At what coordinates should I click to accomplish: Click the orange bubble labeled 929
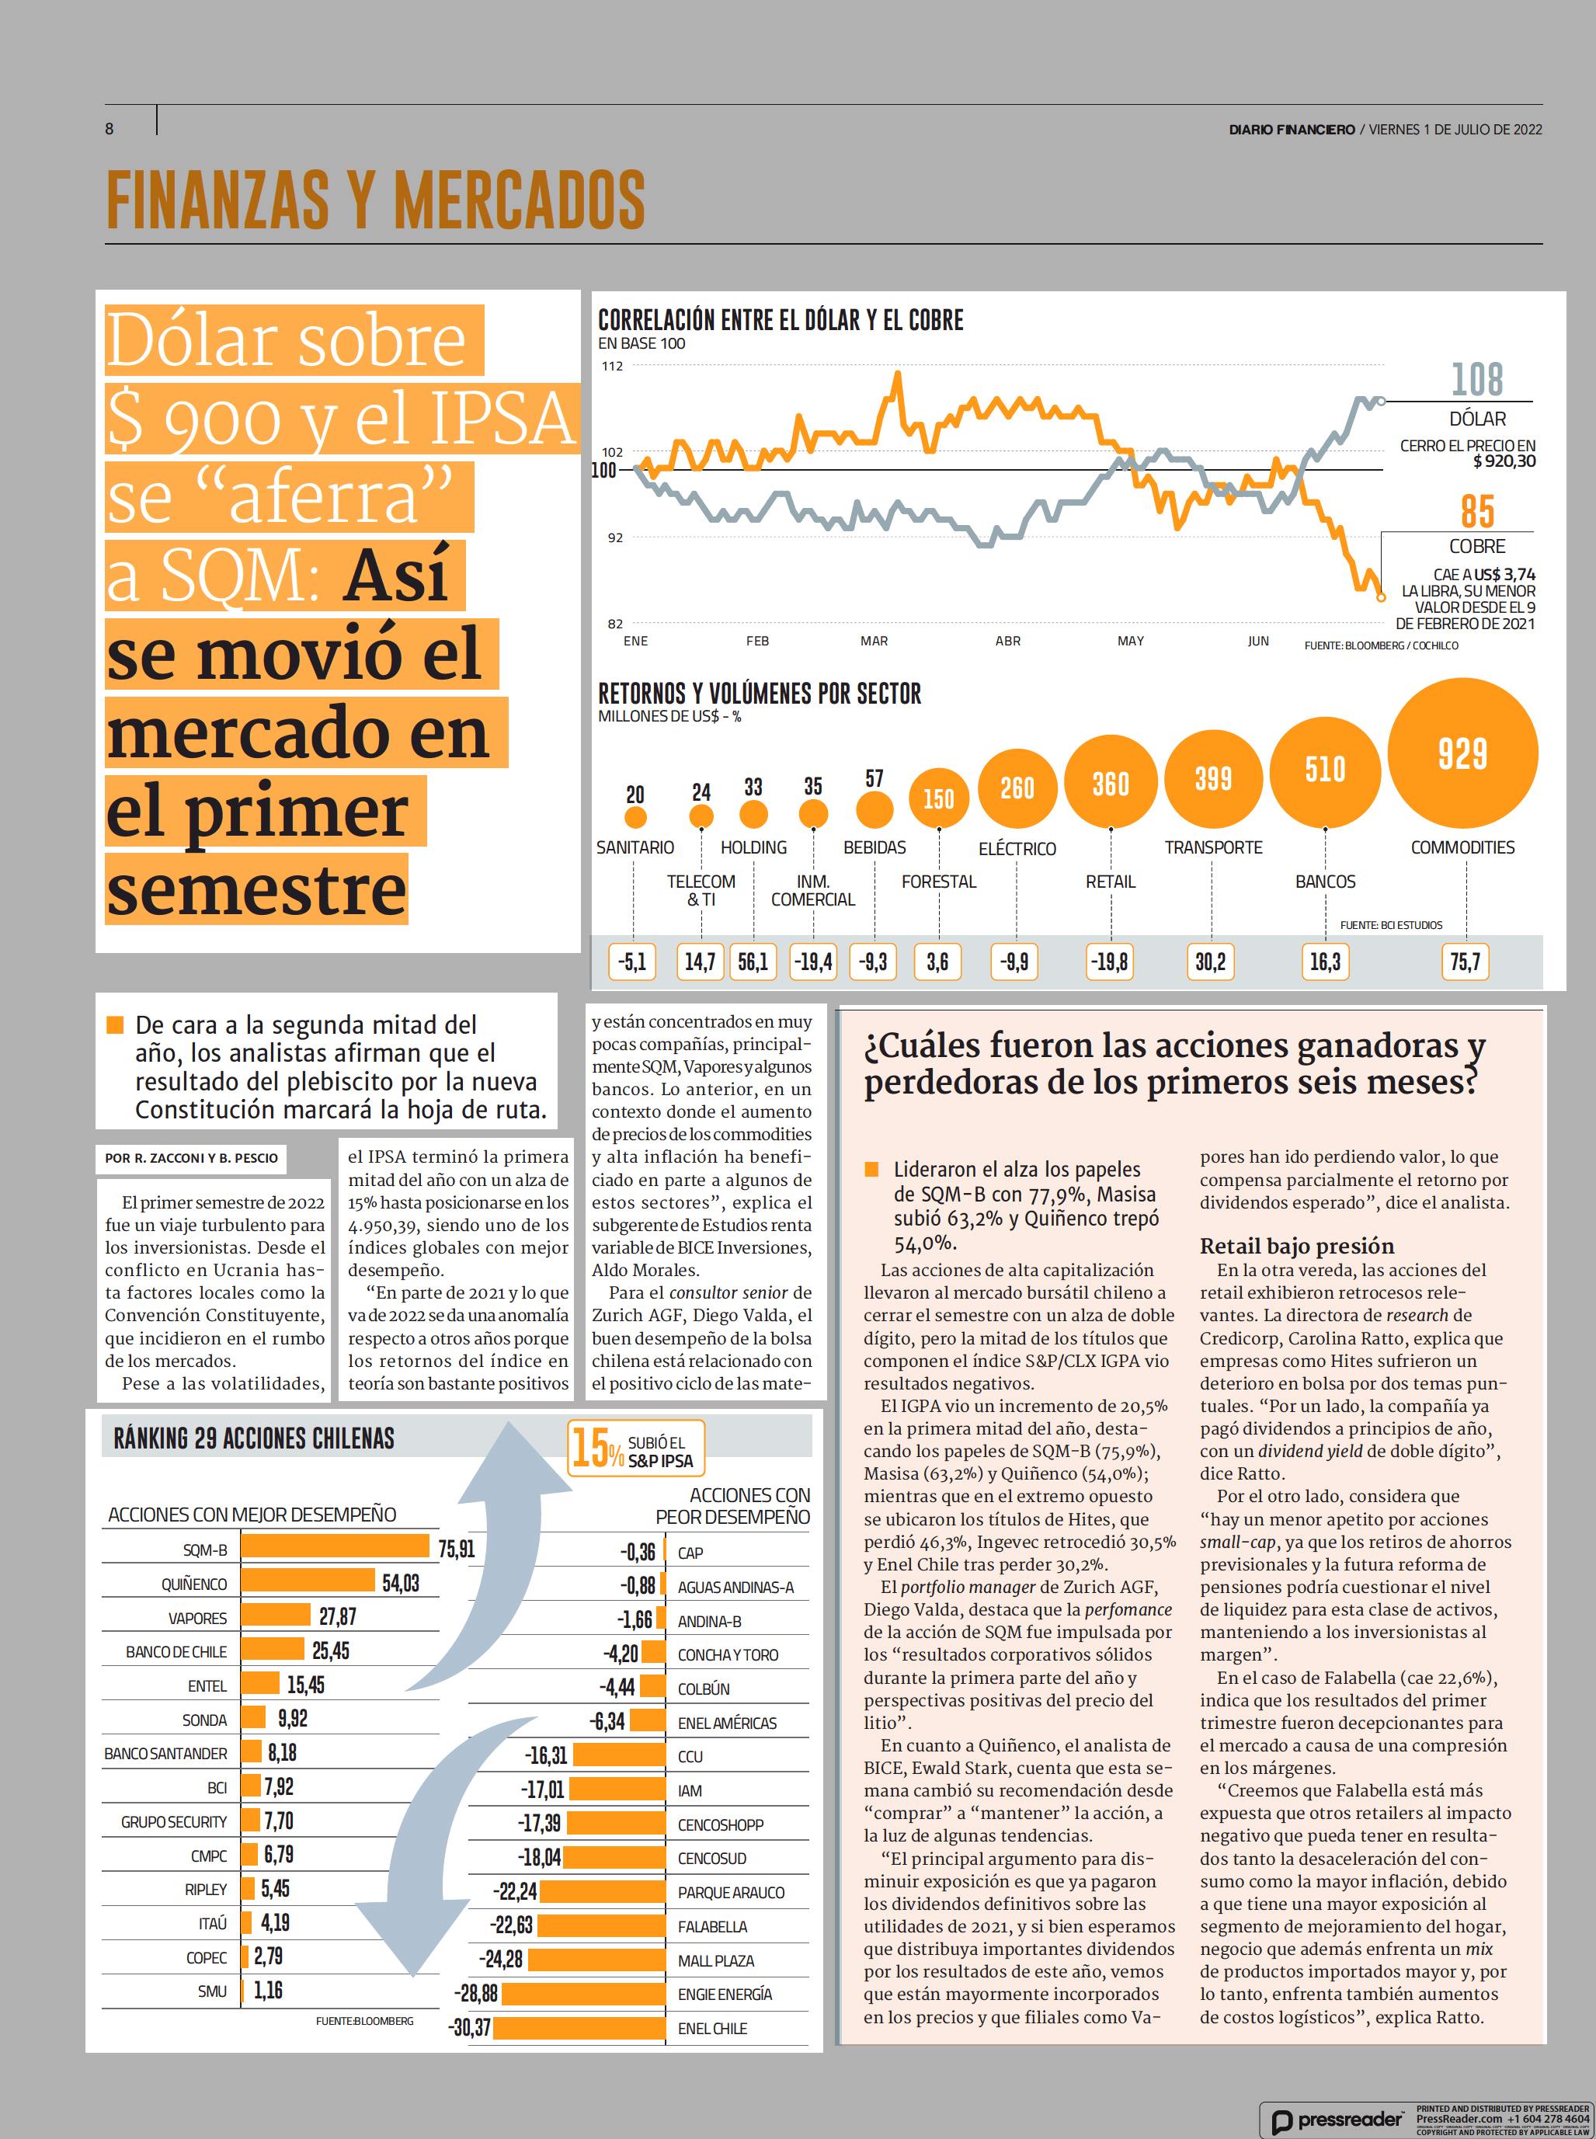click(x=1462, y=753)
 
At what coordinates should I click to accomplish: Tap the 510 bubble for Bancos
click(x=1324, y=769)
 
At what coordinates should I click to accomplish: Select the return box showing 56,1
click(x=753, y=962)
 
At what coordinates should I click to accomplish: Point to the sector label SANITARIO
click(x=635, y=847)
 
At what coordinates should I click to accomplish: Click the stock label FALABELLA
click(x=712, y=1926)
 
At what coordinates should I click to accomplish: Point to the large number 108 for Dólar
click(x=1477, y=379)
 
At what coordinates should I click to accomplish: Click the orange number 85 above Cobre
click(x=1477, y=511)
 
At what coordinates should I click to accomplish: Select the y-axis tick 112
click(x=613, y=366)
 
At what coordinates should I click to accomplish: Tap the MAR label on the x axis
click(x=874, y=641)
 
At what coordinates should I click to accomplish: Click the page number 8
click(x=110, y=128)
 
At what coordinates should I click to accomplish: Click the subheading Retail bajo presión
click(x=1296, y=1245)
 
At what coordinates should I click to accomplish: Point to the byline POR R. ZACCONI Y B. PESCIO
click(x=191, y=1157)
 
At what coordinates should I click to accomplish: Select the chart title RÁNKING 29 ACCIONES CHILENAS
click(x=254, y=1438)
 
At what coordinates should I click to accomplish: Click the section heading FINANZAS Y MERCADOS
click(x=375, y=199)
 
